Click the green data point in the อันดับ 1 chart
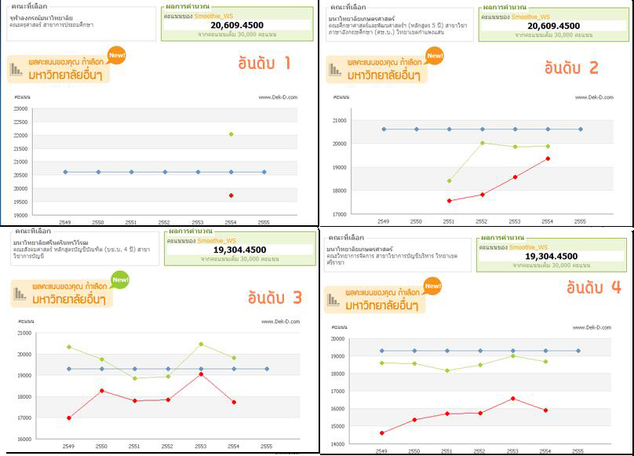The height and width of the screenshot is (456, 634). pos(231,134)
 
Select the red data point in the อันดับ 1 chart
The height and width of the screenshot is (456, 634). pos(231,195)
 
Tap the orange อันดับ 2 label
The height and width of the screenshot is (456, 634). pos(571,67)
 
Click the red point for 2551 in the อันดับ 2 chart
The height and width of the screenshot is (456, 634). pos(449,201)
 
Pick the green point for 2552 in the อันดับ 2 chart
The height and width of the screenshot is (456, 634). pos(482,143)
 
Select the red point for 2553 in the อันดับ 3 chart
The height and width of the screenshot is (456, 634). pos(201,374)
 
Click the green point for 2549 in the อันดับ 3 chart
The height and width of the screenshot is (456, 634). pos(69,347)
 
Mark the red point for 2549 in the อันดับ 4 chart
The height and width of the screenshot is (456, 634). pos(381,433)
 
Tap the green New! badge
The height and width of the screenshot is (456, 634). pos(120,279)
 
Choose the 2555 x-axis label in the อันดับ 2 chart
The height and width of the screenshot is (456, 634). pos(580,221)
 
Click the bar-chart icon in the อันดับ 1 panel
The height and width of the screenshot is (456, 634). pos(16,71)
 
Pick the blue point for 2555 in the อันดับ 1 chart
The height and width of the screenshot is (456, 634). pos(264,172)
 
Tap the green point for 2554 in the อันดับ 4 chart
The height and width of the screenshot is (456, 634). pos(545,362)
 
